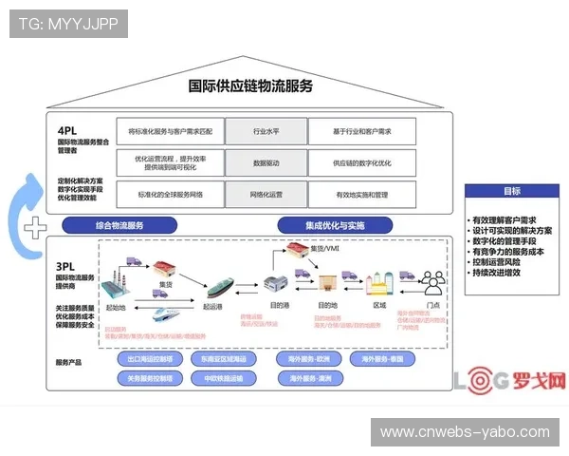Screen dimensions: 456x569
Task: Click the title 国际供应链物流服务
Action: (x=250, y=86)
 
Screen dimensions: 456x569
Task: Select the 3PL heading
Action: (x=65, y=267)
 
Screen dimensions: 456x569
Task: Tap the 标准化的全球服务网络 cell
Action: (x=171, y=194)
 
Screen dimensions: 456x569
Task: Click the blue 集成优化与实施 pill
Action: (x=335, y=225)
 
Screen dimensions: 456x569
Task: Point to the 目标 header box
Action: (x=511, y=190)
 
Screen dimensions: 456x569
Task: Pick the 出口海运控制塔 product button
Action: (x=150, y=360)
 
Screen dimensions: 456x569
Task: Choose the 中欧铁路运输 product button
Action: (x=224, y=377)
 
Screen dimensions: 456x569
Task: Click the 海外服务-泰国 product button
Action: (x=382, y=360)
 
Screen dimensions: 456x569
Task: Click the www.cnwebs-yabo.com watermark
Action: (x=464, y=432)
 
